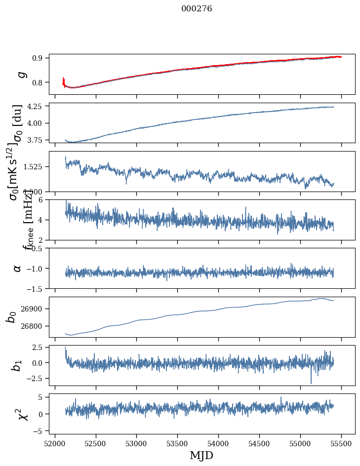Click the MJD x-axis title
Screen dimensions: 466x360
[x=201, y=455]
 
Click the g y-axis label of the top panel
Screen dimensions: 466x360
[x=21, y=74]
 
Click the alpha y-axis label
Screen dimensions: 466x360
[x=18, y=268]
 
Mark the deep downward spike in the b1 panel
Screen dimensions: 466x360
[x=311, y=382]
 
